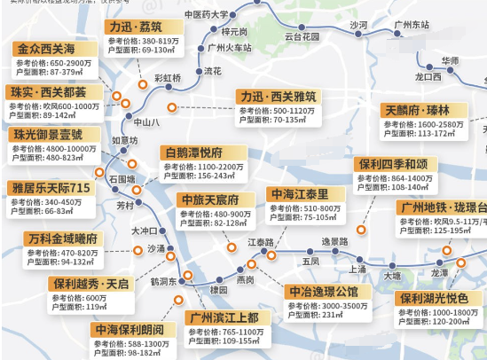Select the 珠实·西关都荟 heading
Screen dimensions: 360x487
tap(49, 91)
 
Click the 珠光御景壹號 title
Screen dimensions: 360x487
tap(49, 135)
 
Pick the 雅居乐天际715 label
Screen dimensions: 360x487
tap(51, 188)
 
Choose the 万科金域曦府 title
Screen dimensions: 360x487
tap(63, 239)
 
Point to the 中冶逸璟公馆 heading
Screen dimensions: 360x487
tap(323, 291)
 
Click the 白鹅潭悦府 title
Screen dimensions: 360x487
tap(193, 152)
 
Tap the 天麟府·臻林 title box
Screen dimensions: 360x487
tap(418, 110)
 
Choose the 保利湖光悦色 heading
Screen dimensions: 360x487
tap(438, 299)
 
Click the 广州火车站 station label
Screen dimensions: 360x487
tap(228, 48)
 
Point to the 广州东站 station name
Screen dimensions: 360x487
tap(409, 25)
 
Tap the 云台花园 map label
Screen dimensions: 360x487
tap(302, 37)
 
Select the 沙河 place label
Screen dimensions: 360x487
tap(358, 25)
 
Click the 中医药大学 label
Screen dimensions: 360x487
tap(205, 14)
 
